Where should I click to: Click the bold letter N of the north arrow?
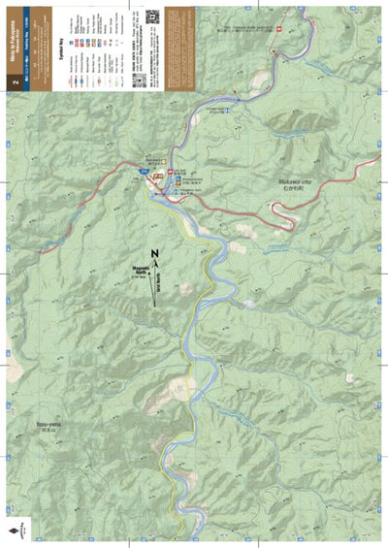pyautogui.click(x=155, y=252)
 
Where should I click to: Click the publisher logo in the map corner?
pyautogui.click(x=15, y=530)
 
